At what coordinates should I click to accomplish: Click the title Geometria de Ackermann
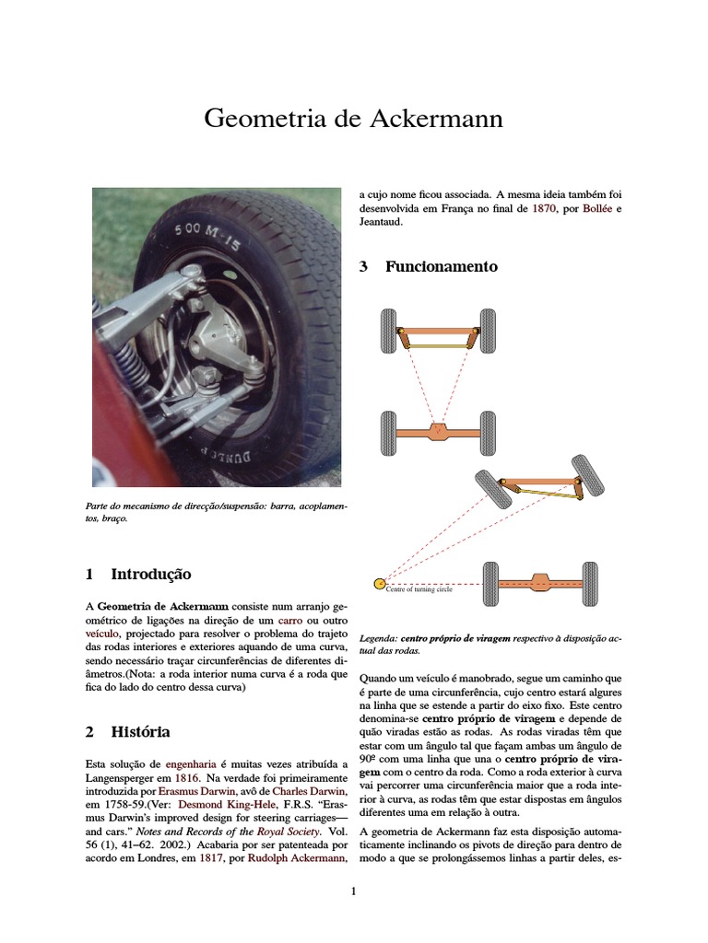[x=353, y=120]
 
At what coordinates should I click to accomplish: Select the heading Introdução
[x=150, y=574]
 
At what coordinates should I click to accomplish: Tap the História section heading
[x=140, y=732]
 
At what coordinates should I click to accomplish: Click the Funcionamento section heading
[x=441, y=267]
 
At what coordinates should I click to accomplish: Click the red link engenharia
[x=191, y=764]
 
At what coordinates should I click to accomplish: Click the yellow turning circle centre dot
[x=378, y=583]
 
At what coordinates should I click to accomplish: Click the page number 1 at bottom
[x=353, y=891]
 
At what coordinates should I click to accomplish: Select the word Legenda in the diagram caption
[x=378, y=638]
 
